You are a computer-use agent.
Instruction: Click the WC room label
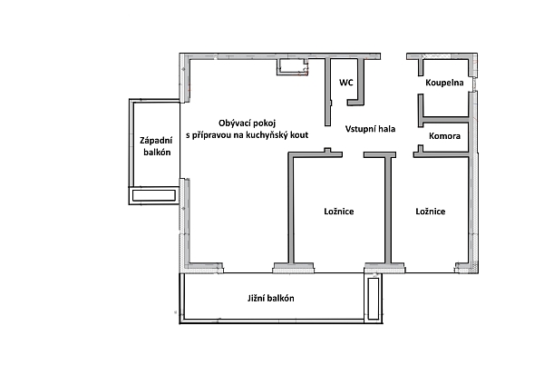tap(345, 83)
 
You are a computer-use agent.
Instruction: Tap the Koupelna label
tap(444, 83)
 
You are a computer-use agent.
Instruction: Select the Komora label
tap(444, 136)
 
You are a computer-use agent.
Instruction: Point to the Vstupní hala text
tap(370, 129)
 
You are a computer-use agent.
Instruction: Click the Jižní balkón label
tap(270, 299)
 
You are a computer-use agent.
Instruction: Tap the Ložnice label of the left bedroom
tap(338, 212)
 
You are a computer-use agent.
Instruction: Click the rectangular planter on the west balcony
tap(154, 195)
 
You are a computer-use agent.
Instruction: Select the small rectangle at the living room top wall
tap(292, 66)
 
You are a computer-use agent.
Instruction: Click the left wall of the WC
tap(329, 91)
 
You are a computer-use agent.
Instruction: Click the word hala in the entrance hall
tap(386, 129)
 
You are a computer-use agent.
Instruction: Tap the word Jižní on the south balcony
tap(257, 299)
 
